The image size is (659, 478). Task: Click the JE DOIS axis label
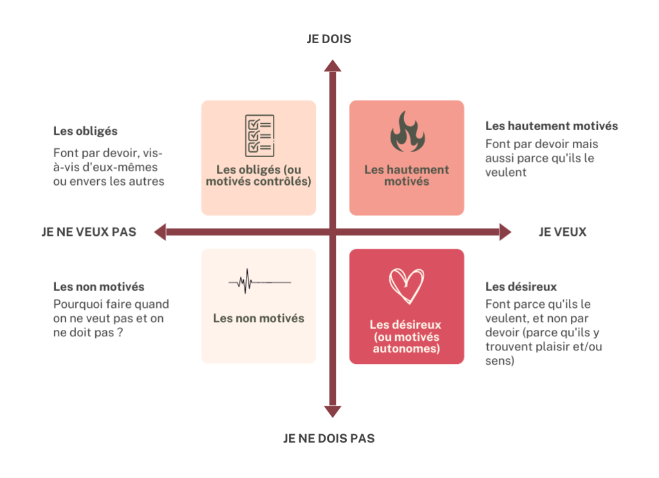click(x=328, y=39)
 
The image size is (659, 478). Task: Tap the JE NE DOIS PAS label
click(x=328, y=439)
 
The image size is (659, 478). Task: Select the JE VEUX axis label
click(x=562, y=232)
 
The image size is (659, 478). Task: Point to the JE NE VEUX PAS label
click(x=89, y=232)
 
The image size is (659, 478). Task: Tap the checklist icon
click(x=259, y=135)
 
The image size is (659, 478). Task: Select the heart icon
click(x=407, y=286)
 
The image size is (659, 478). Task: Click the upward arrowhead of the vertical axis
click(x=332, y=66)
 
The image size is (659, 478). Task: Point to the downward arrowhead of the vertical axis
click(x=332, y=411)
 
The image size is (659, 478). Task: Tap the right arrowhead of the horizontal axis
click(x=505, y=232)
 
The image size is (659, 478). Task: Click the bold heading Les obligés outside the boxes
click(x=85, y=131)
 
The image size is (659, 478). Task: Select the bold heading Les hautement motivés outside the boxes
click(x=552, y=126)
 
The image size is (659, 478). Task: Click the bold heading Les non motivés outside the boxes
click(x=98, y=287)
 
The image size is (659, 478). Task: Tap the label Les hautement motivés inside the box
click(x=407, y=175)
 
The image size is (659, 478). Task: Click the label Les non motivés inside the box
click(x=259, y=318)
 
